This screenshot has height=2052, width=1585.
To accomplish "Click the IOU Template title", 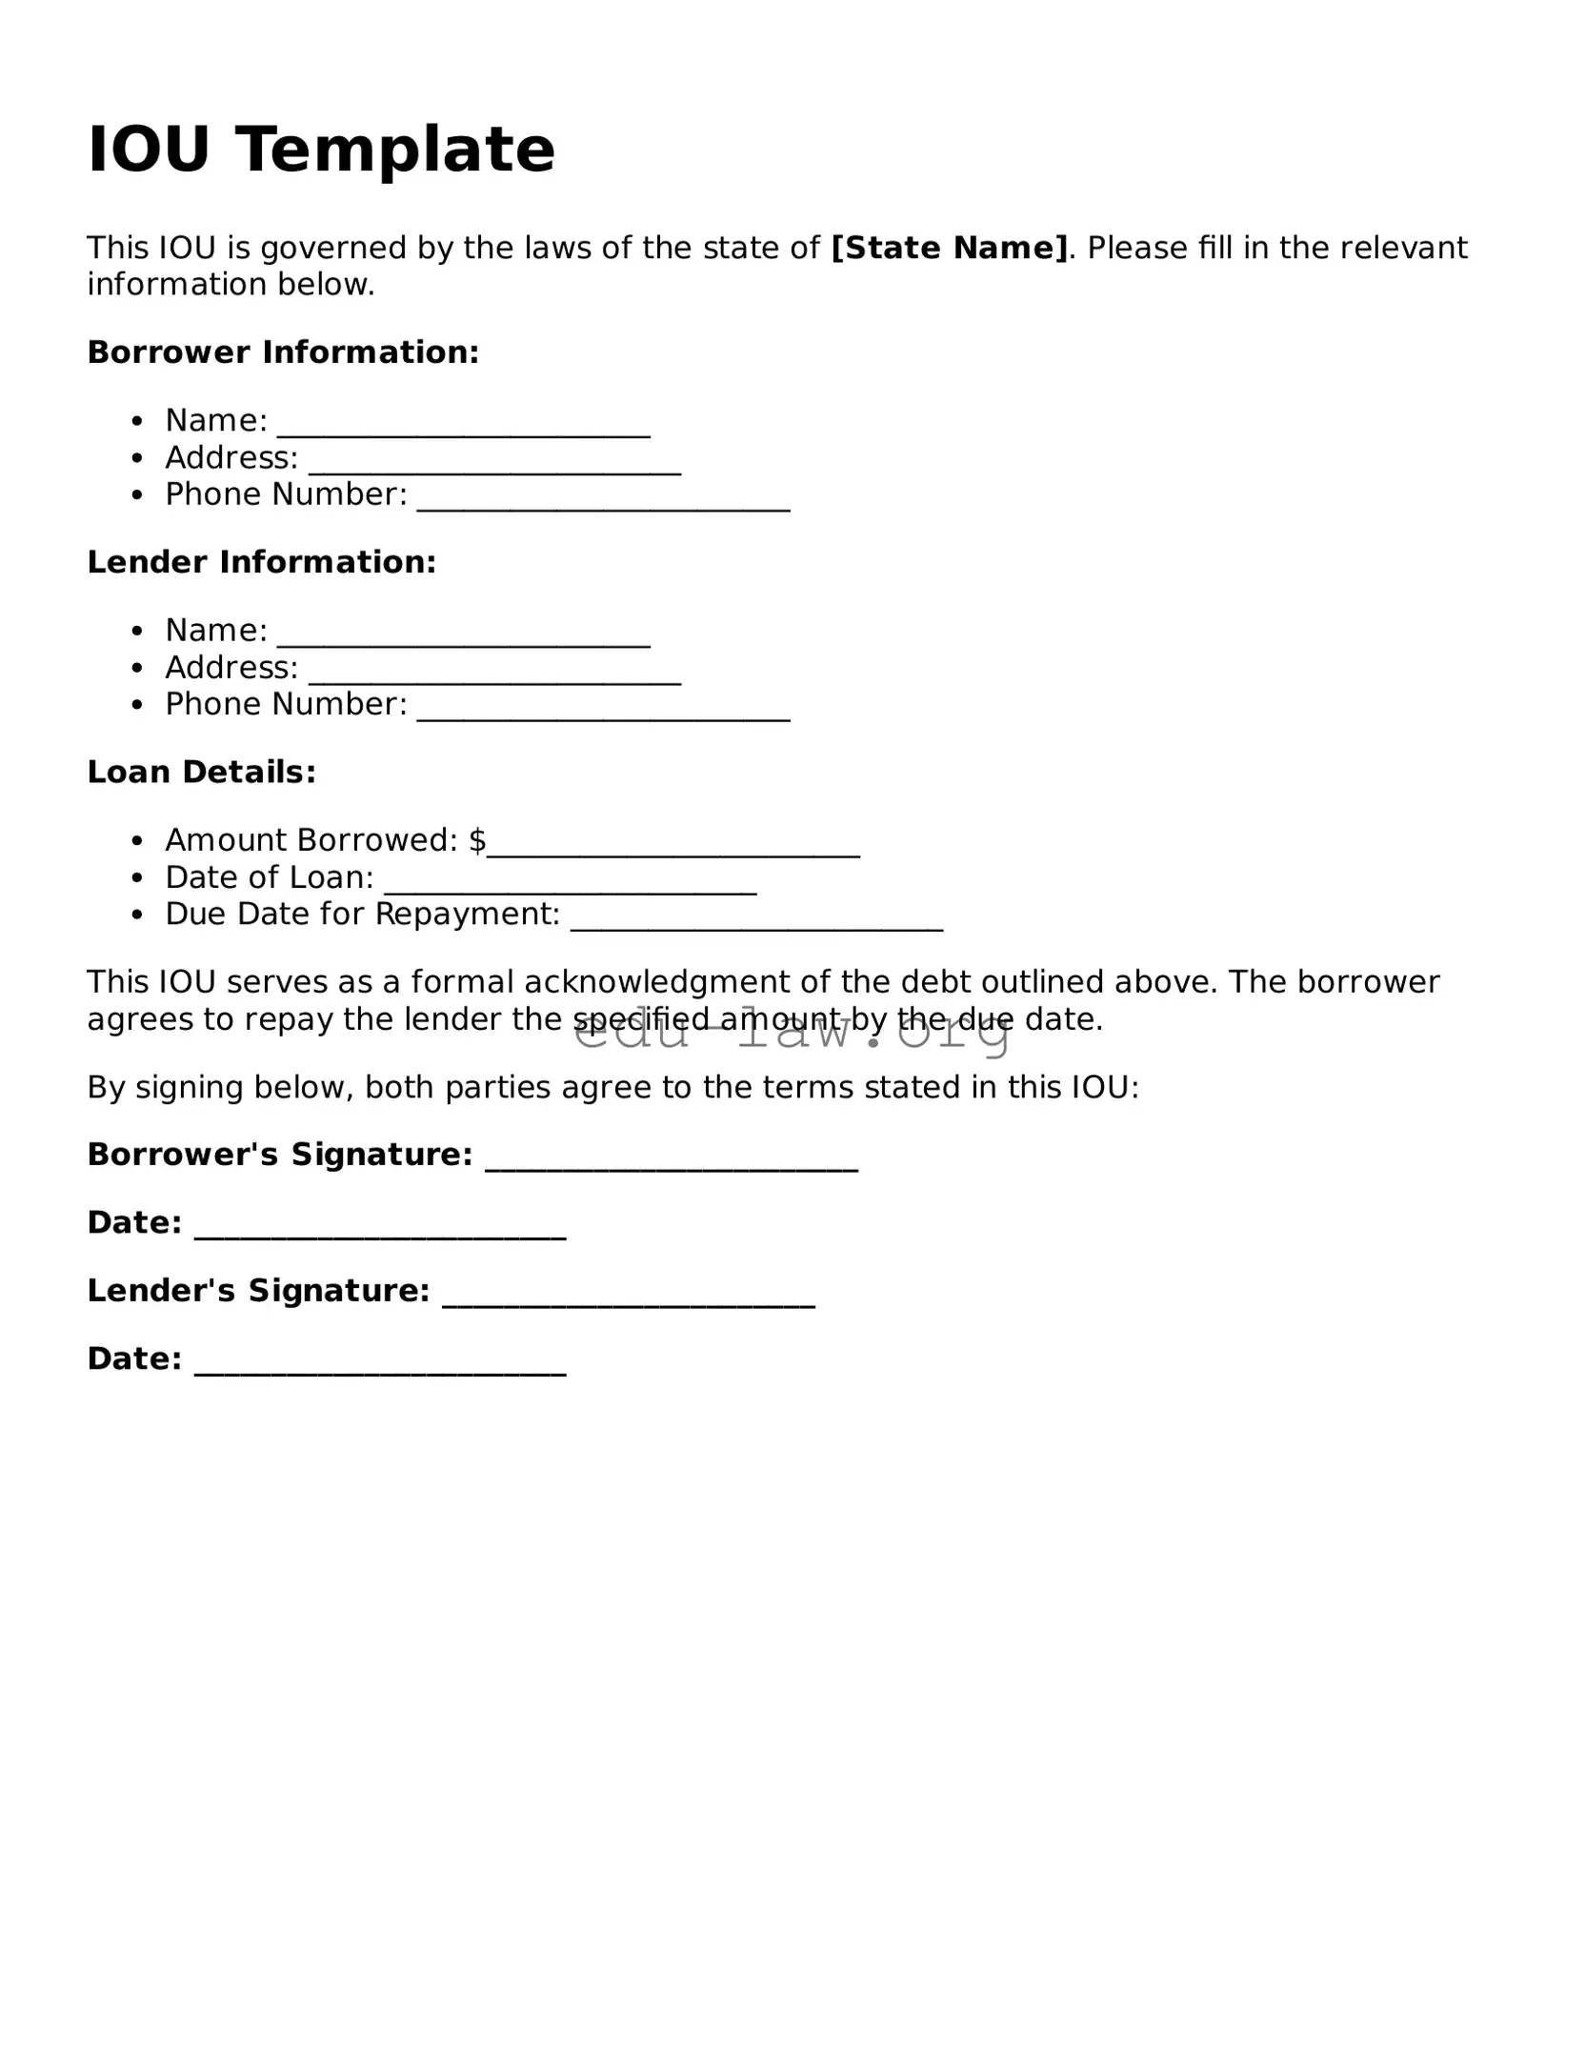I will tap(321, 150).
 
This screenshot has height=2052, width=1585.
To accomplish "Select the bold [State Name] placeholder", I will tap(950, 249).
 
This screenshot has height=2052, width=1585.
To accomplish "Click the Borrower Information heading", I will tap(283, 352).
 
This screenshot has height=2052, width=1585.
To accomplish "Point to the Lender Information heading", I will tap(262, 562).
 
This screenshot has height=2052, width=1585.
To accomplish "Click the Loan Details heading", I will tap(201, 772).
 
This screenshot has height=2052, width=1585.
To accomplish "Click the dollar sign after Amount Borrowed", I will tap(478, 840).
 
